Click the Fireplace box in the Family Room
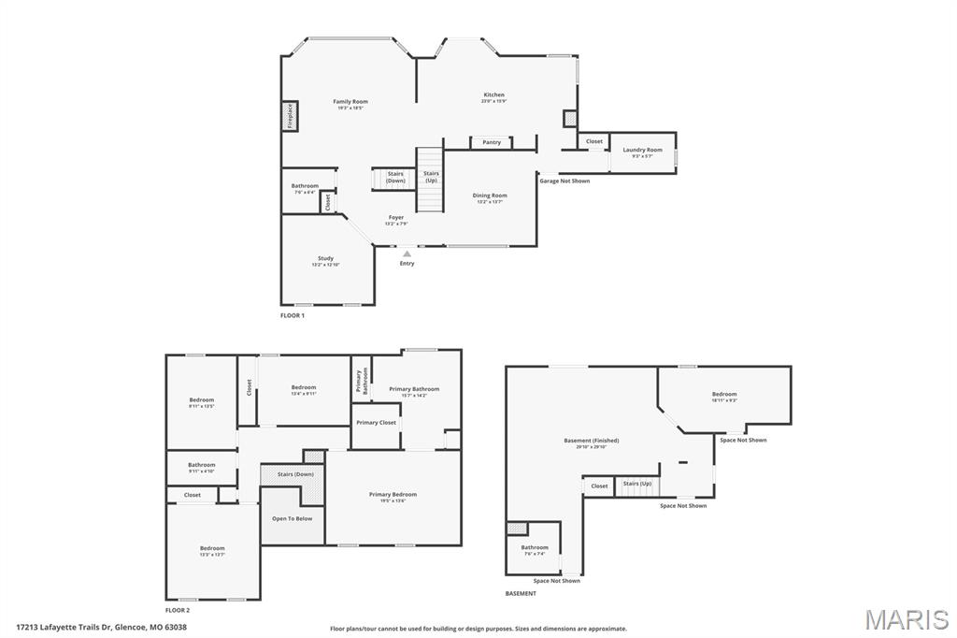tap(290, 116)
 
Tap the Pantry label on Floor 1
tap(492, 142)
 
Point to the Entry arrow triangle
tap(407, 253)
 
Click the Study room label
tap(325, 259)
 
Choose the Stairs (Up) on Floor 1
tap(431, 176)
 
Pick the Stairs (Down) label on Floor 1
tap(395, 177)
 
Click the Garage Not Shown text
tap(564, 181)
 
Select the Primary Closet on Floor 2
tap(376, 423)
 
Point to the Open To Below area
tap(293, 518)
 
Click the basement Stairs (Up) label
tap(637, 484)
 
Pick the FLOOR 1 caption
tap(293, 316)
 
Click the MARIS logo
tap(906, 619)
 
